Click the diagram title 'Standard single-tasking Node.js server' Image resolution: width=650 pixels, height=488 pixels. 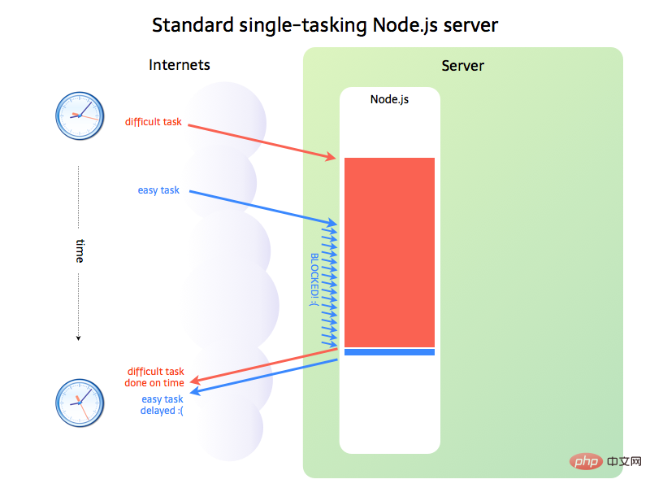coord(325,25)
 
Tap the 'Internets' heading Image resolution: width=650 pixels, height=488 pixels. coord(180,65)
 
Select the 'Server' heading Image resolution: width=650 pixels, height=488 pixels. coord(463,66)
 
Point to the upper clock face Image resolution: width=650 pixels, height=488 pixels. coord(80,114)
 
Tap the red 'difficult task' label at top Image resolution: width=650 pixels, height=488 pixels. coord(154,122)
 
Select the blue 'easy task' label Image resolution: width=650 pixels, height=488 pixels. coord(158,190)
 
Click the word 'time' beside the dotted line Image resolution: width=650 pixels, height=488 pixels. coord(80,251)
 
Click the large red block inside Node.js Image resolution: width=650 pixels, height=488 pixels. coord(389,252)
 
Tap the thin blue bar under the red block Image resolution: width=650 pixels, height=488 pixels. coord(389,352)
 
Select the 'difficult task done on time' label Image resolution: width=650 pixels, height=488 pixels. coord(155,377)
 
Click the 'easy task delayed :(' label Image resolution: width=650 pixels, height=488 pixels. coord(162,405)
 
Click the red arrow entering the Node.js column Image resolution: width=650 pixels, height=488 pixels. coord(260,139)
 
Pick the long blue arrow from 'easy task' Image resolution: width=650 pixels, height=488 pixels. coord(260,207)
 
